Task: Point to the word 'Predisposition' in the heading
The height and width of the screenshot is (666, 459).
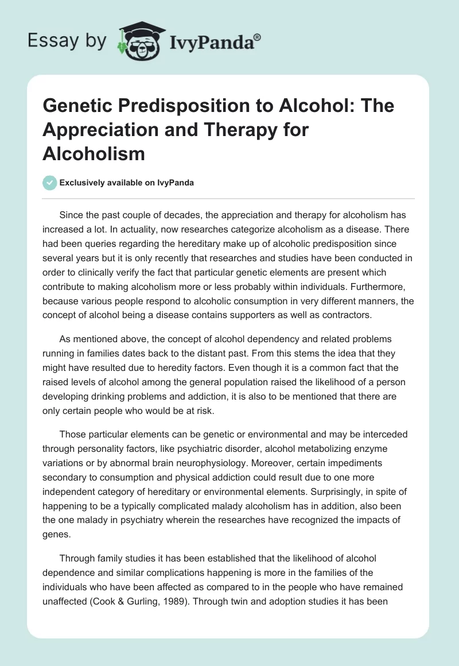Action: (169, 106)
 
